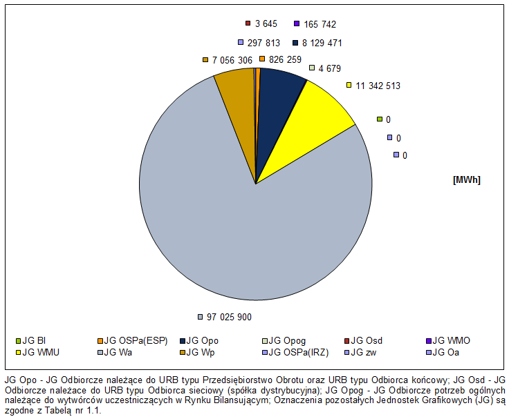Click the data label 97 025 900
229,317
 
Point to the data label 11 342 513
378,86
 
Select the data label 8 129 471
322,43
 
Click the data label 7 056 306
232,60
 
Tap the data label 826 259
284,59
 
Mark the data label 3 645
266,25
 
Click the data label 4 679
329,68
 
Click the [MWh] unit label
466,179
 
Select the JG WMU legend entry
39,353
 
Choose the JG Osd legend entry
366,340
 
